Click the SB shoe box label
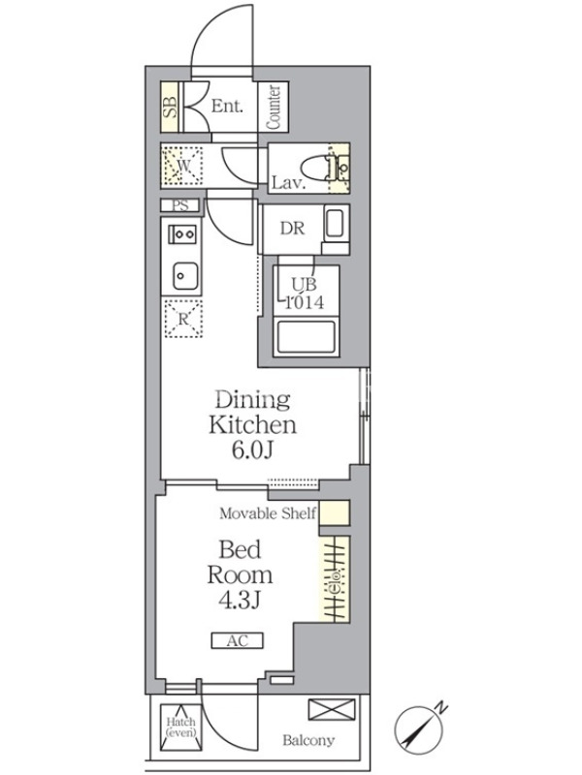point(170,108)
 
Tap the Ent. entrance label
point(227,107)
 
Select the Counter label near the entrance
point(274,108)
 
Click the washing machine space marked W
point(182,166)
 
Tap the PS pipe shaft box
point(180,205)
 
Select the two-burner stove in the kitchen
point(182,233)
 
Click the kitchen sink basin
point(185,276)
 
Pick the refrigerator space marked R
point(183,319)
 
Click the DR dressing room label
point(292,229)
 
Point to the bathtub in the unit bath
point(306,338)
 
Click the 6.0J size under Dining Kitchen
point(252,449)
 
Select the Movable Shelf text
point(268,513)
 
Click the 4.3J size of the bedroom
point(240,600)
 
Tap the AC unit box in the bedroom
point(237,641)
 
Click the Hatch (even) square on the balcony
point(180,728)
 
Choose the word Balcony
point(308,740)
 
